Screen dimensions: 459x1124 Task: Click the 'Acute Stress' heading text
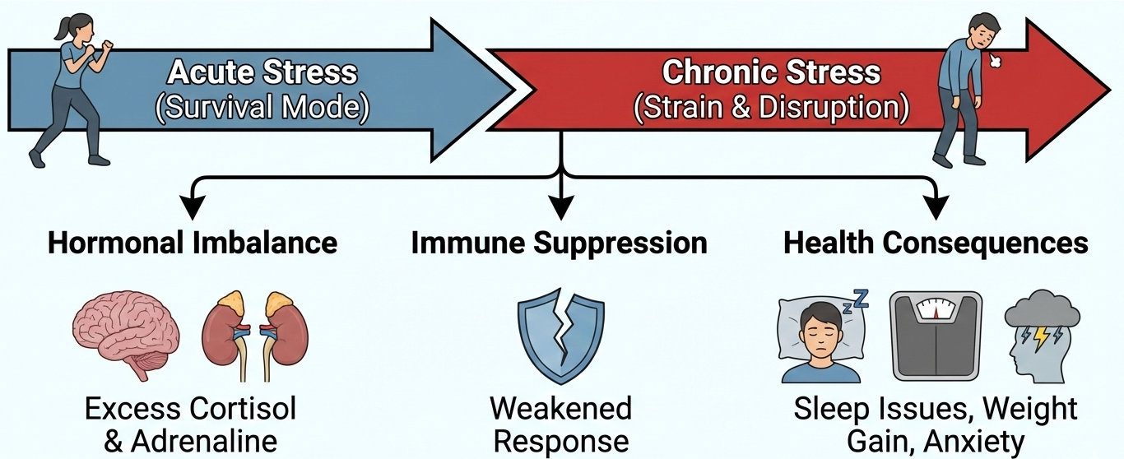262,72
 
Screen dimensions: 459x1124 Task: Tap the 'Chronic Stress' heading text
771,72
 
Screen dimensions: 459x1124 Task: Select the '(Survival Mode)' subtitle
262,109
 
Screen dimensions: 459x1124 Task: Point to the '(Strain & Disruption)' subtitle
771,109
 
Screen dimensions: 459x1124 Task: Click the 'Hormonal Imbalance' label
193,243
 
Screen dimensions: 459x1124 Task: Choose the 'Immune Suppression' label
559,243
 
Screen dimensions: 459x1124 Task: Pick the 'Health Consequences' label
936,243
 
